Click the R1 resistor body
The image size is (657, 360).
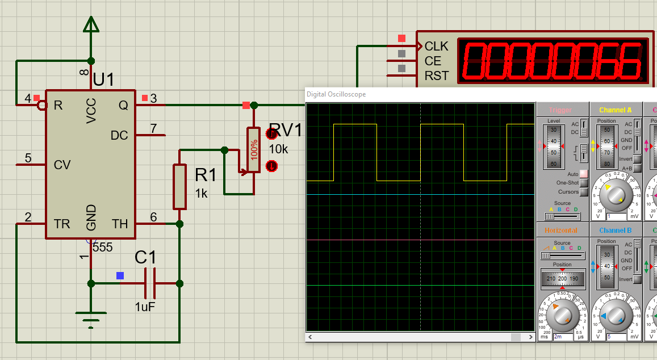[x=179, y=186]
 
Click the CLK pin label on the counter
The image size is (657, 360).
[x=436, y=46]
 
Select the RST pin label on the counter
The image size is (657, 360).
[x=436, y=76]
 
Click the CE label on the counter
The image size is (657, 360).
[x=433, y=61]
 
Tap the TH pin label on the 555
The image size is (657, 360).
[x=120, y=224]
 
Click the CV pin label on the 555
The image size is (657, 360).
[x=62, y=165]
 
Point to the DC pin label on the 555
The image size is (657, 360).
[x=119, y=135]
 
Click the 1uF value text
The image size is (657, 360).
[x=145, y=307]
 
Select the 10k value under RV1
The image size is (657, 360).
[x=278, y=149]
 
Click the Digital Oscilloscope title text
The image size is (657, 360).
[x=336, y=94]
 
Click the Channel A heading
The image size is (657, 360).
[x=615, y=110]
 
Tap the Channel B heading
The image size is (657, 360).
[x=615, y=231]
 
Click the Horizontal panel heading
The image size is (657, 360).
[x=560, y=231]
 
